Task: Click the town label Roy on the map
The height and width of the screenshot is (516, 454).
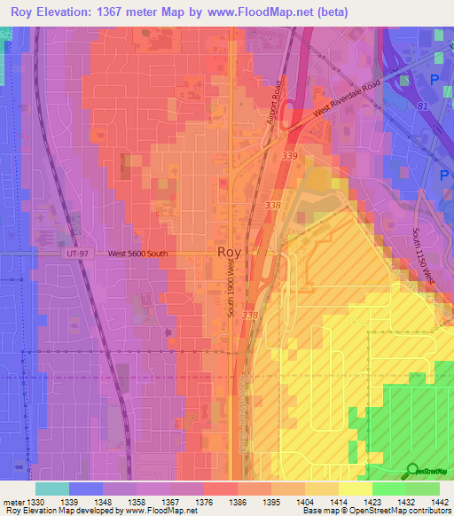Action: click(227, 253)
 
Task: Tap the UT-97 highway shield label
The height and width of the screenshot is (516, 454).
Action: click(77, 254)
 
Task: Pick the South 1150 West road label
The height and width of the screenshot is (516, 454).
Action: click(424, 257)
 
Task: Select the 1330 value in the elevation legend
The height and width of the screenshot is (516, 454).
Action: click(35, 502)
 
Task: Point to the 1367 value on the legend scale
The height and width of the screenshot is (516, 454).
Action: click(170, 502)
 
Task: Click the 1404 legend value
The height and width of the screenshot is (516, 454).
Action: click(305, 502)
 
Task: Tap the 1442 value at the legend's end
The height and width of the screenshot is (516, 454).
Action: click(439, 502)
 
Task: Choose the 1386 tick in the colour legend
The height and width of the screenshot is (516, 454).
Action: click(238, 502)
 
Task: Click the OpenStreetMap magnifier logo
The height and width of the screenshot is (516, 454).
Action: click(412, 470)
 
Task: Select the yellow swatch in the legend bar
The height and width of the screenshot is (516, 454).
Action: click(356, 489)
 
